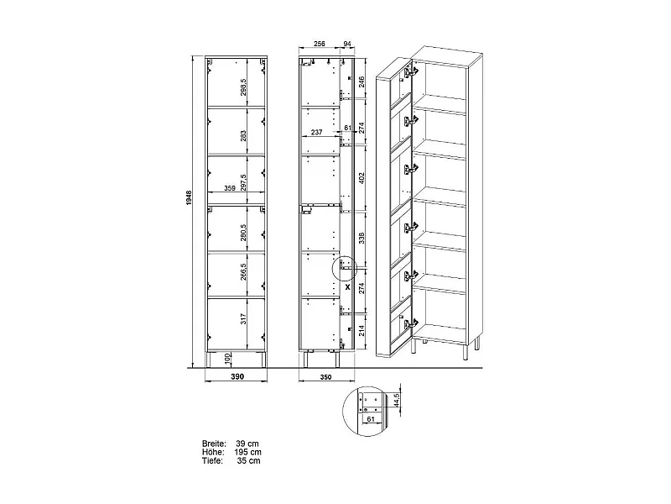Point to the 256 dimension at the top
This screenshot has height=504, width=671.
click(x=319, y=45)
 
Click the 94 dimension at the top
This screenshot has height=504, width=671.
click(x=347, y=45)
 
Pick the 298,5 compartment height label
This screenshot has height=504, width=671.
click(x=244, y=85)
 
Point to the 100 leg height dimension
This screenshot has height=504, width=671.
click(x=228, y=359)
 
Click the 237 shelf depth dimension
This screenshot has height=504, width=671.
click(x=316, y=133)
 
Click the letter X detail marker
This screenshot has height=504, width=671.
click(x=346, y=287)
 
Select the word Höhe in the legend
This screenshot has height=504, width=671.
click(x=213, y=452)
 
